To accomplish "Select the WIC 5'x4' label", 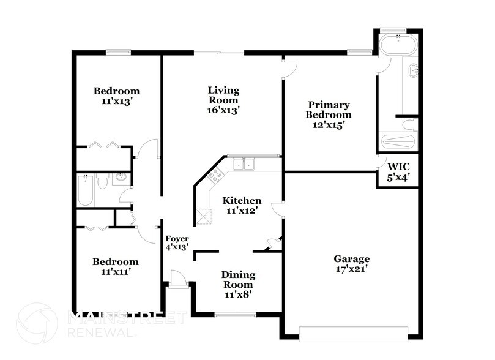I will tap(398, 171).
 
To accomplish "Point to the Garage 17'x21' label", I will tap(351, 263).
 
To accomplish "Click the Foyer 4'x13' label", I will tap(177, 242).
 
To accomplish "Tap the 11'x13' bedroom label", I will tap(116, 97).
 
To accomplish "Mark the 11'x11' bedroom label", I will tap(115, 266).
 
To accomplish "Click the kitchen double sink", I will tap(244, 164).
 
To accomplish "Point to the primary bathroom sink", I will tap(414, 70).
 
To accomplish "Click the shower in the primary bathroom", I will tap(398, 141).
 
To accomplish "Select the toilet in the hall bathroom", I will tap(103, 181).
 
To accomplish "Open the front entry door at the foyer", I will tap(178, 280).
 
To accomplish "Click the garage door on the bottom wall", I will tap(352, 333).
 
